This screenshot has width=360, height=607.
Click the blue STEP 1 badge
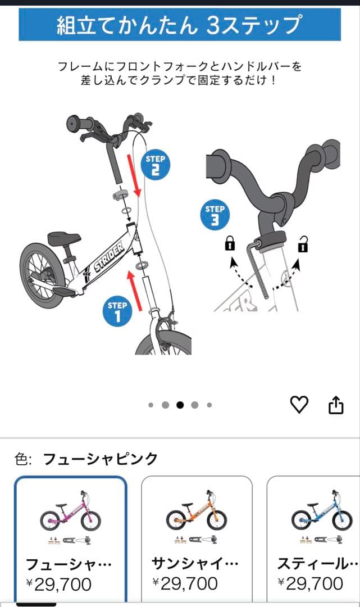[117, 311]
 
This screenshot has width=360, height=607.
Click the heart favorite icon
[299, 404]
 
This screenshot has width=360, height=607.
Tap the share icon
[335, 405]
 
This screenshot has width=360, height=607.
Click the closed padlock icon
[230, 244]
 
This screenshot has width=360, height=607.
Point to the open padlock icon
[303, 244]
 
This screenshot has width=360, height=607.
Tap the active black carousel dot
[180, 405]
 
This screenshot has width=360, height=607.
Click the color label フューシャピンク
[101, 459]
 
